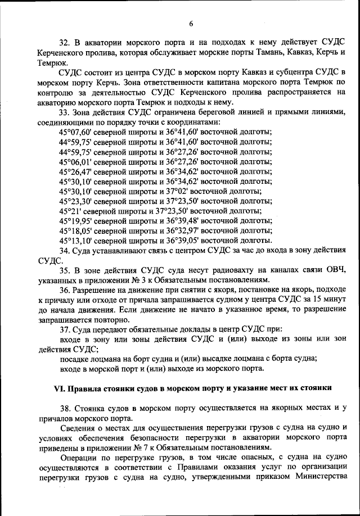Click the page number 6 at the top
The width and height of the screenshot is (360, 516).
coord(191,23)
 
